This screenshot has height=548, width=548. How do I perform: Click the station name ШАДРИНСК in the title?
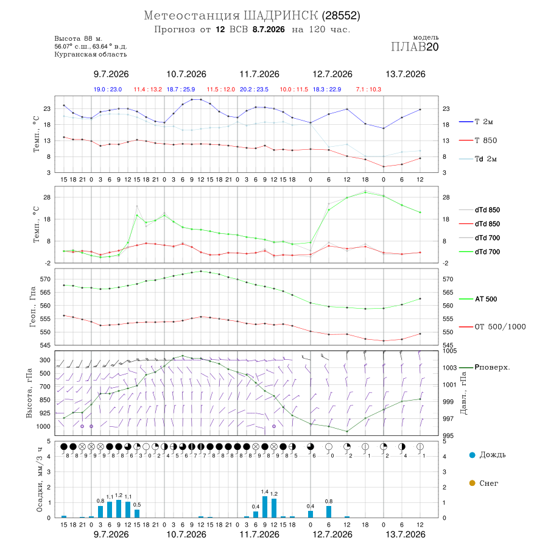pyautogui.click(x=281, y=16)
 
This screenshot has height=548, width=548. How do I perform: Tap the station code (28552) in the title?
pyautogui.click(x=341, y=16)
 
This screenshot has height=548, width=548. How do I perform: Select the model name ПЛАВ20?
pyautogui.click(x=415, y=47)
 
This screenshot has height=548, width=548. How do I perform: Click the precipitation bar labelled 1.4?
pyautogui.click(x=265, y=507)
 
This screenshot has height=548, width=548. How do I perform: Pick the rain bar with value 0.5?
pyautogui.click(x=137, y=513)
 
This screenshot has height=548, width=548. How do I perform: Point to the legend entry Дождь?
pyautogui.click(x=488, y=455)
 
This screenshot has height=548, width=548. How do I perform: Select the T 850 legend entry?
pyautogui.click(x=478, y=141)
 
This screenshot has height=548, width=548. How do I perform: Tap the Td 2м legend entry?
pyautogui.click(x=478, y=159)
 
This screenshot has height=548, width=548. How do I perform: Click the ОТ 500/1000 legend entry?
pyautogui.click(x=493, y=327)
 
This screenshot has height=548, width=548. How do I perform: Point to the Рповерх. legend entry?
pyautogui.click(x=485, y=367)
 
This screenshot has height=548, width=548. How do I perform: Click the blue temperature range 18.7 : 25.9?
pyautogui.click(x=181, y=90)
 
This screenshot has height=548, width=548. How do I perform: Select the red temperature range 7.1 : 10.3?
pyautogui.click(x=368, y=90)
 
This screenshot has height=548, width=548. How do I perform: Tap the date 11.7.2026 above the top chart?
pyautogui.click(x=259, y=74)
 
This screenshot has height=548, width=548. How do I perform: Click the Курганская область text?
pyautogui.click(x=91, y=54)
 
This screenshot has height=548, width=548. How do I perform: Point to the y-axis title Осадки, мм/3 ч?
pyautogui.click(x=40, y=479)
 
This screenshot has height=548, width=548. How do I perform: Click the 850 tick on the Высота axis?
pyautogui.click(x=44, y=400)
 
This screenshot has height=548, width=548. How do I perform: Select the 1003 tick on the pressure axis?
pyautogui.click(x=450, y=368)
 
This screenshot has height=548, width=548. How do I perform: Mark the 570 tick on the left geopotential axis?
pyautogui.click(x=46, y=279)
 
